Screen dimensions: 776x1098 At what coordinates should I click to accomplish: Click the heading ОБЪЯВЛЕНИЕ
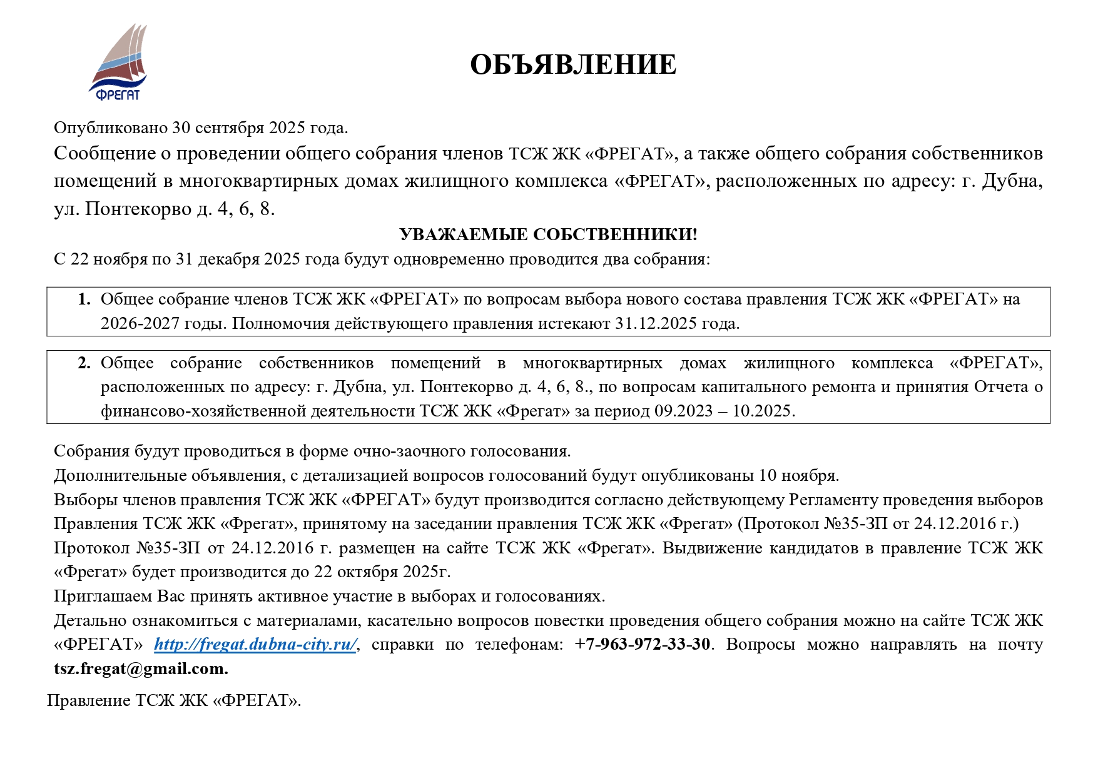coord(572,64)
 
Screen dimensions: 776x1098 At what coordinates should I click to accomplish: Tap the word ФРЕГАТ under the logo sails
coord(118,95)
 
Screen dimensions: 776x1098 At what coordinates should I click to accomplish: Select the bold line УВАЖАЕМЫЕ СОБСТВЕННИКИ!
coord(548,234)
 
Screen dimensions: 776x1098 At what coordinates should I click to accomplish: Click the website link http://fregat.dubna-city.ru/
coord(255,644)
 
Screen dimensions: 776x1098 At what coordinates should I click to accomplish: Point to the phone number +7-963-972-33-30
coord(643,644)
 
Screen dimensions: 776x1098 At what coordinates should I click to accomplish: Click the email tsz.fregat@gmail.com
coord(141,668)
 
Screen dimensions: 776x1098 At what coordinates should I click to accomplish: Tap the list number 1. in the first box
coord(84,299)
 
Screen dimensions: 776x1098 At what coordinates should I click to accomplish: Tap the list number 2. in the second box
coord(84,363)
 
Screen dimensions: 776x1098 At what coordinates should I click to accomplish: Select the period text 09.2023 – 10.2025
coord(724,411)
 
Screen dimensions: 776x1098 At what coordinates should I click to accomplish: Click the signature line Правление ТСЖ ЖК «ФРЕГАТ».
coord(174,700)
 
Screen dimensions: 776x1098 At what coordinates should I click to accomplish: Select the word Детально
coord(90,620)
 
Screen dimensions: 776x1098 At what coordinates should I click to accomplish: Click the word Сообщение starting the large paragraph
coord(104,153)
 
